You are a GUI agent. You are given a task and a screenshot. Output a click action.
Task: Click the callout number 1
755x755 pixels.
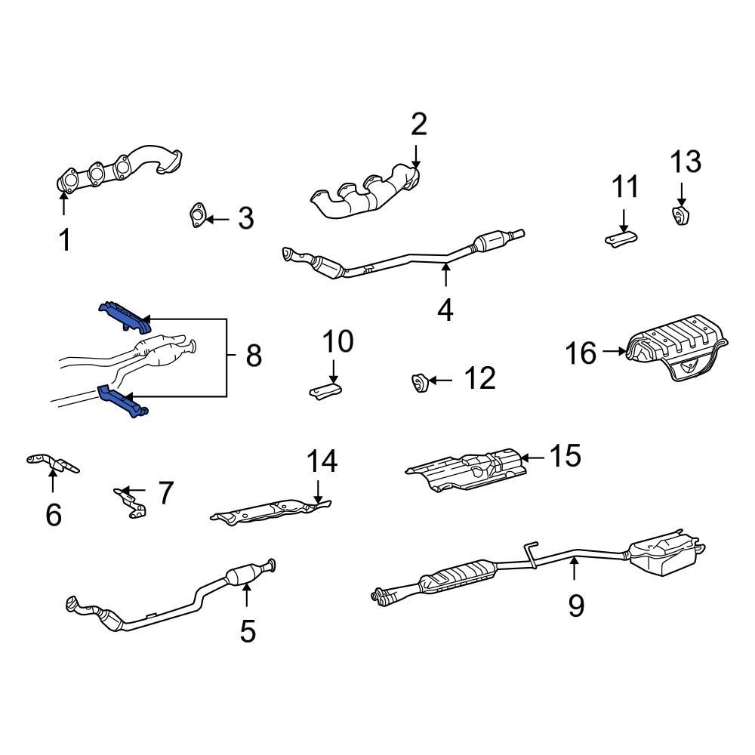coord(65,240)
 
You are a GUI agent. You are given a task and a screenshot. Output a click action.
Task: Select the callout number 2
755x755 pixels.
coord(418,124)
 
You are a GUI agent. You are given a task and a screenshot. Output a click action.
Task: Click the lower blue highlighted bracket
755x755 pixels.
coord(123,402)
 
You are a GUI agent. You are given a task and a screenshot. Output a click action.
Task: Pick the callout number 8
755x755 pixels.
coord(253,354)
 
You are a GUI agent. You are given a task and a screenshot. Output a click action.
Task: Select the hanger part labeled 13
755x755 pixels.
coord(682,215)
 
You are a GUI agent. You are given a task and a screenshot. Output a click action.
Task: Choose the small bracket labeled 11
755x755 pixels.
coord(621,239)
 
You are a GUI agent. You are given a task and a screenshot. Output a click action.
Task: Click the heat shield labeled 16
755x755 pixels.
coord(676,353)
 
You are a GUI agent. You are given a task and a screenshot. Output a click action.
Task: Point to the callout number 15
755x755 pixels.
coord(565,456)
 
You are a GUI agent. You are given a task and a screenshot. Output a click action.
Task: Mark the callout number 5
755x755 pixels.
coord(248,630)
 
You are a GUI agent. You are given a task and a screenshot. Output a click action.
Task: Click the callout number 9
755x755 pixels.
coord(576,605)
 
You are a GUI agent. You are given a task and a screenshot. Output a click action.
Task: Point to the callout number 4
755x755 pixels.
coord(445,310)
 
